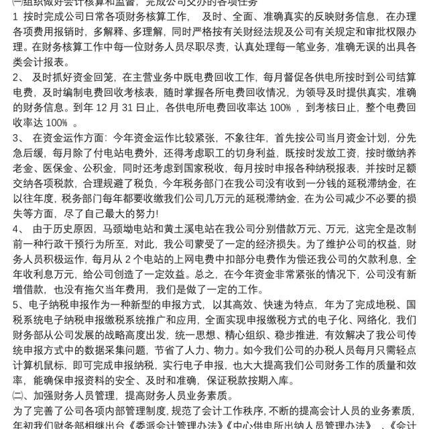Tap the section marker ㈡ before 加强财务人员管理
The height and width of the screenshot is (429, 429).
(18, 395)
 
